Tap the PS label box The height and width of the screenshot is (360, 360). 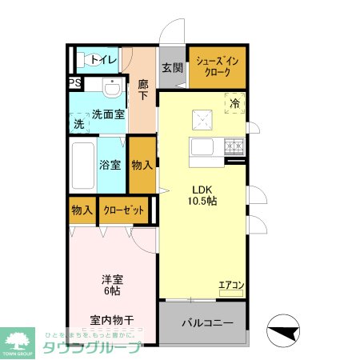tap(74, 82)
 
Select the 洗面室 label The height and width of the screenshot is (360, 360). tap(107, 114)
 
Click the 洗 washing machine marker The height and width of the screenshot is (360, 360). tap(78, 124)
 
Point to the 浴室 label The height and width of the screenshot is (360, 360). tap(110, 166)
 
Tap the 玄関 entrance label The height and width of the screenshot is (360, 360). tap(171, 68)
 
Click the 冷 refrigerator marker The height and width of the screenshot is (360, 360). tap(235, 102)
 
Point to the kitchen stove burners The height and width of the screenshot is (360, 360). tap(234, 146)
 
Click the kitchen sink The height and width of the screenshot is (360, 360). tap(201, 148)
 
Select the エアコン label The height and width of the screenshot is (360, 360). tap(230, 284)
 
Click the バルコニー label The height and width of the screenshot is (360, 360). tap(206, 324)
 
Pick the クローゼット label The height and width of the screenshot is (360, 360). tap(124, 210)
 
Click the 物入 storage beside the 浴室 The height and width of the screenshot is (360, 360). tap(142, 165)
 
